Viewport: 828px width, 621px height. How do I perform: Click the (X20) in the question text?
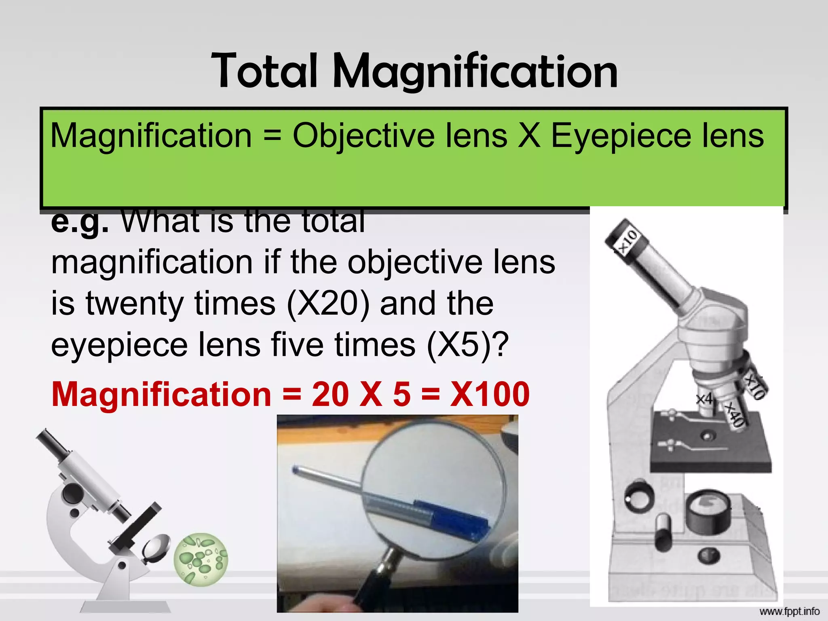(328, 304)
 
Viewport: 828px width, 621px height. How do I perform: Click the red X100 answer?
(490, 394)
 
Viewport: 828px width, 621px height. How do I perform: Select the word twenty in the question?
(135, 304)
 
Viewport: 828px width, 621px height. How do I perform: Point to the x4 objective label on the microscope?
(704, 399)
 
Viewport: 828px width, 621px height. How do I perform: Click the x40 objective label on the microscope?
(734, 414)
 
